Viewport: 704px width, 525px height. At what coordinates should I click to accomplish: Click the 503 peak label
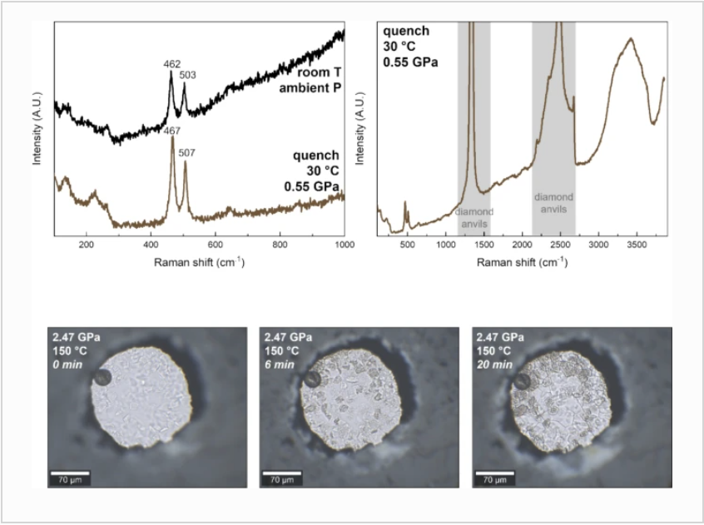pos(188,76)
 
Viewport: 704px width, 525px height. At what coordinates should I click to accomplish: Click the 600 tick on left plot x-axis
pos(216,245)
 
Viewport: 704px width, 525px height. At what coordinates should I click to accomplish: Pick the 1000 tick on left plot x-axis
pos(343,245)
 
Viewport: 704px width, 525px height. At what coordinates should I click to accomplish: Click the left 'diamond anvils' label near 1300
pos(474,218)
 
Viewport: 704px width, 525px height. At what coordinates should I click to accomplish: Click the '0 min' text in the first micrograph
pos(67,364)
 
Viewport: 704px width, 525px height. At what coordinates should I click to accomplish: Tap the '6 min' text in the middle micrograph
pos(279,364)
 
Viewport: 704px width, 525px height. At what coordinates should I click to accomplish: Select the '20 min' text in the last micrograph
pos(493,364)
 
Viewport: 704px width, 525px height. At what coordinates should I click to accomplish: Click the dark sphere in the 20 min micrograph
pos(523,381)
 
